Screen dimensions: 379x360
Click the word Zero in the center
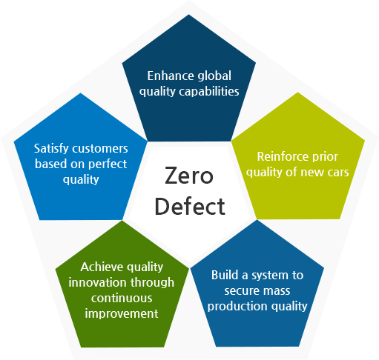point(189,176)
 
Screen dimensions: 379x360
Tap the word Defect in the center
point(190,207)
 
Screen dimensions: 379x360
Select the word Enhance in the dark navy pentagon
point(171,76)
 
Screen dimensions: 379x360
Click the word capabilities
point(209,92)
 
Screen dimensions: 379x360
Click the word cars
point(338,173)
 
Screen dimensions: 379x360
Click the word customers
point(100,149)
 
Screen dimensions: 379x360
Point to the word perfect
point(108,164)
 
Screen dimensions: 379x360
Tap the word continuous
point(122,299)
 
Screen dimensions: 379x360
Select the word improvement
point(122,314)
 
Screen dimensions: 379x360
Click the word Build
point(225,275)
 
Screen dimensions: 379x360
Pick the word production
point(237,307)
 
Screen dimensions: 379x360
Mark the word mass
point(277,291)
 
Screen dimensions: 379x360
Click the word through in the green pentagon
point(152,283)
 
